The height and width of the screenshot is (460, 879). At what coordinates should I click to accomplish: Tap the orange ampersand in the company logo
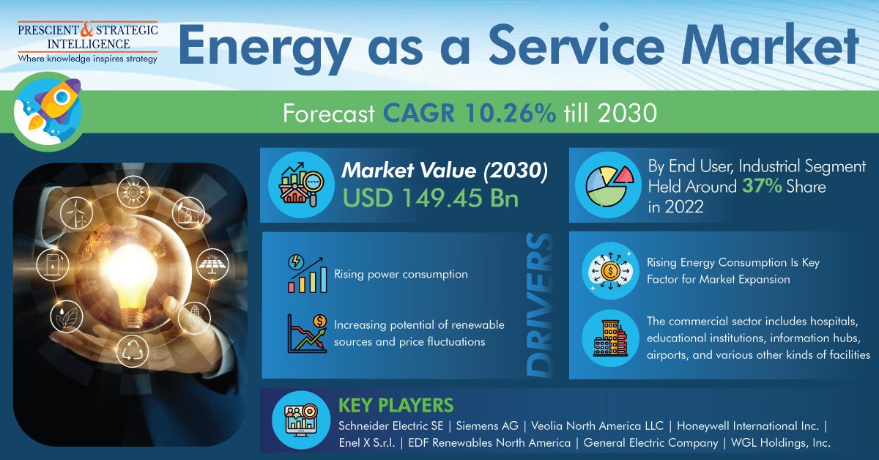click(86, 29)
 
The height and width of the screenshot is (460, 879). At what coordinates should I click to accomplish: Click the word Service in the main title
click(576, 45)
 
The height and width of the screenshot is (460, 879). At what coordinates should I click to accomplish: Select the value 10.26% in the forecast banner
click(509, 113)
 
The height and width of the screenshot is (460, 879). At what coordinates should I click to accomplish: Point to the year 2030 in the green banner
click(627, 113)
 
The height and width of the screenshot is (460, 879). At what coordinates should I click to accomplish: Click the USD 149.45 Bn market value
click(431, 198)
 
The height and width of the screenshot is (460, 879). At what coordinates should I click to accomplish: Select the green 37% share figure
click(762, 186)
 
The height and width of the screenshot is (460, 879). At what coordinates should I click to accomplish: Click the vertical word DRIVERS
click(540, 305)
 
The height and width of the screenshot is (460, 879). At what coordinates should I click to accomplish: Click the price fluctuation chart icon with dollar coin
click(307, 333)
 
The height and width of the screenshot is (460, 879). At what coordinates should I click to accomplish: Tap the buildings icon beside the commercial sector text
click(610, 338)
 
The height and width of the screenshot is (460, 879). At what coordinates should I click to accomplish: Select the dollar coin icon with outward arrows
click(610, 271)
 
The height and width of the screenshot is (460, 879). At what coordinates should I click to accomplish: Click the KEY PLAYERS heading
click(396, 406)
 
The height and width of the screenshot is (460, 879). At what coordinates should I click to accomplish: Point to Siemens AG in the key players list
click(487, 426)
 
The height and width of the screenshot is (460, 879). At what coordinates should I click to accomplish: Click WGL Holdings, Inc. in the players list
click(781, 442)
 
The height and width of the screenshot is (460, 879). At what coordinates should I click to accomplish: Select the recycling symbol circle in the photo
click(133, 351)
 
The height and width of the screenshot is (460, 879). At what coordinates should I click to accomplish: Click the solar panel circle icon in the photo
click(212, 264)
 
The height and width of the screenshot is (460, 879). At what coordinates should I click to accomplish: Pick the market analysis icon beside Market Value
click(301, 185)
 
